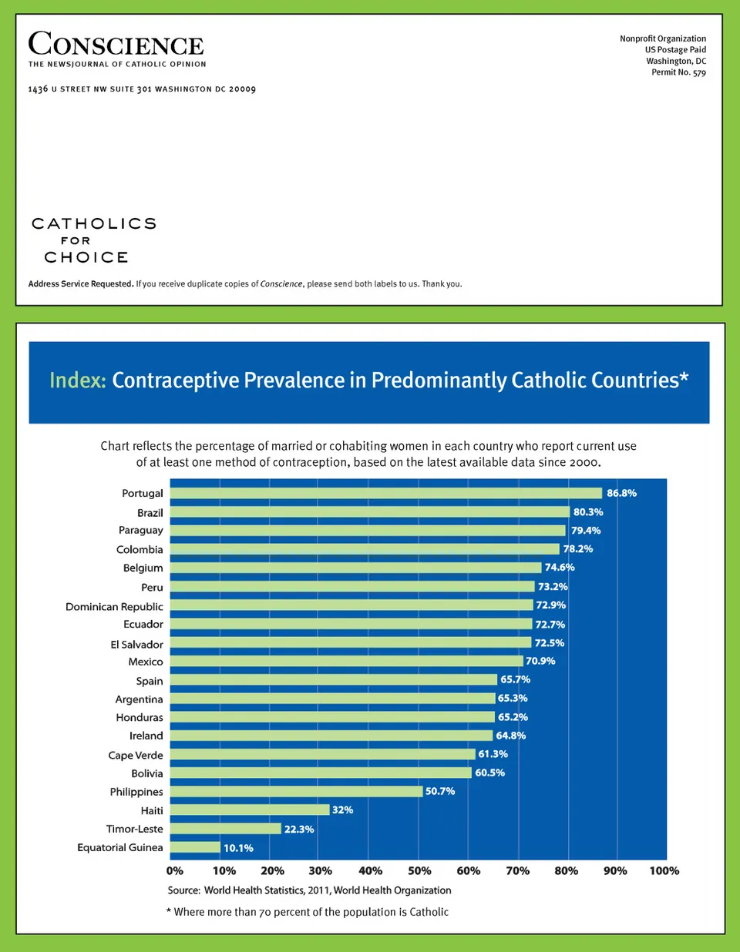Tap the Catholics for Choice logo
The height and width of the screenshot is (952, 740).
pyautogui.click(x=93, y=240)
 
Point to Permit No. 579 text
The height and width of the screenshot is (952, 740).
pyautogui.click(x=678, y=72)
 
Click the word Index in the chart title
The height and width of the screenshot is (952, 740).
pyautogui.click(x=77, y=380)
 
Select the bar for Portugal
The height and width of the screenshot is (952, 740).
pyautogui.click(x=385, y=493)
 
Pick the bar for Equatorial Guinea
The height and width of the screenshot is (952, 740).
pyautogui.click(x=195, y=847)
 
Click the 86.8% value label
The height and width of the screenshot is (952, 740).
pyautogui.click(x=621, y=493)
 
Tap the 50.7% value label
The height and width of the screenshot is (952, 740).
pyautogui.click(x=440, y=791)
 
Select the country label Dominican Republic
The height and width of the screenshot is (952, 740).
pyautogui.click(x=114, y=607)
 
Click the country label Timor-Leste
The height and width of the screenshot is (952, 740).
pyautogui.click(x=135, y=829)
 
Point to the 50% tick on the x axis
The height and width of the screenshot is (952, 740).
pyautogui.click(x=419, y=871)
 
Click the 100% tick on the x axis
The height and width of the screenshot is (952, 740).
pyautogui.click(x=664, y=871)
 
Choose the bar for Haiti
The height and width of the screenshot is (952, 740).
pyautogui.click(x=250, y=810)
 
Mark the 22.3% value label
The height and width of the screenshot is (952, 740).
pyautogui.click(x=299, y=829)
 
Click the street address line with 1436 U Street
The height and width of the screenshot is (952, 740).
pyautogui.click(x=142, y=89)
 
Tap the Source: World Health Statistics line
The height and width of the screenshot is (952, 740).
pyautogui.click(x=309, y=890)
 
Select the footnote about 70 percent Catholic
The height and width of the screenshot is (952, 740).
pyautogui.click(x=307, y=912)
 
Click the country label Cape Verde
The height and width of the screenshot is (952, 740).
pyautogui.click(x=136, y=756)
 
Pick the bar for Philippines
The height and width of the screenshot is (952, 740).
pyautogui.click(x=296, y=791)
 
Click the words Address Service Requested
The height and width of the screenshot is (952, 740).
pyautogui.click(x=81, y=284)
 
